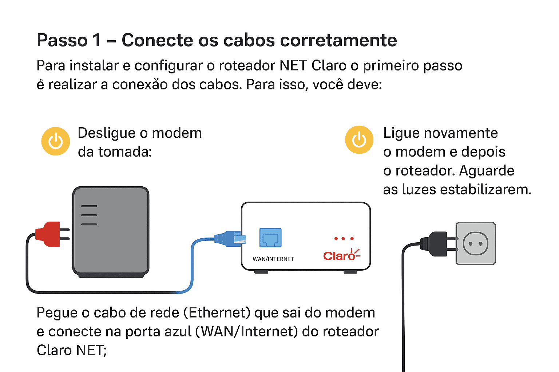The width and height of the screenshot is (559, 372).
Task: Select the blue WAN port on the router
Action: coord(270,238)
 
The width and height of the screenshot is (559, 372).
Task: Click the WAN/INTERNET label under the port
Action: coord(273,259)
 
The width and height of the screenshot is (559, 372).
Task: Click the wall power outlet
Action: coord(476,243)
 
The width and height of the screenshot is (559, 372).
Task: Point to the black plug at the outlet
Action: coord(435,244)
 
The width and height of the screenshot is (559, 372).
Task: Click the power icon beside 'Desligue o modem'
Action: coord(55,141)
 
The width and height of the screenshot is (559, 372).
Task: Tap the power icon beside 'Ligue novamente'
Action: coord(359,140)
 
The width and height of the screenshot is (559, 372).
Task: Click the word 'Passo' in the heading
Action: coord(62,40)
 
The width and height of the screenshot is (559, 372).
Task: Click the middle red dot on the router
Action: coord(343,239)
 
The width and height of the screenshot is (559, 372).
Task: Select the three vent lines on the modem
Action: coord(89,215)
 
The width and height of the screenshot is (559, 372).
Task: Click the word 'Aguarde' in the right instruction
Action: coord(487,171)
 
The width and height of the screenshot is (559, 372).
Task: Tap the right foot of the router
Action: coord(350,272)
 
